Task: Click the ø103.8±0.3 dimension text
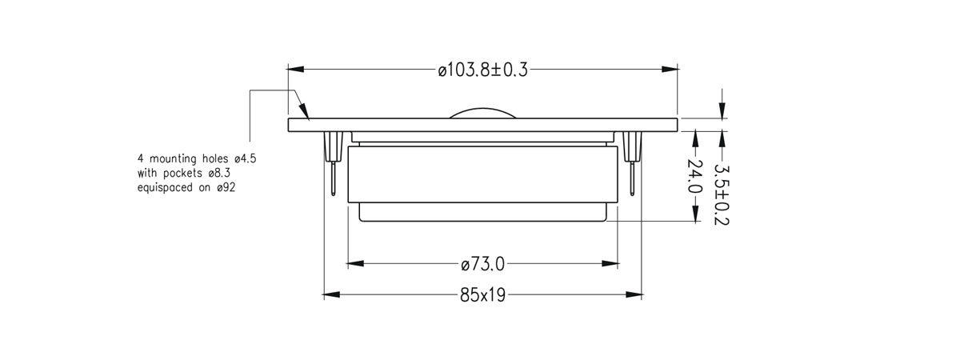[482, 70]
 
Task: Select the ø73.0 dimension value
[483, 265]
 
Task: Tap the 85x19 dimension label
[482, 295]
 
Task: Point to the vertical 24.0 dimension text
[694, 176]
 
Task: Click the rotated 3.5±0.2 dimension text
[722, 195]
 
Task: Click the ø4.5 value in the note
[245, 159]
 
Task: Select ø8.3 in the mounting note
[219, 174]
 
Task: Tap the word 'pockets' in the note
[182, 174]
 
